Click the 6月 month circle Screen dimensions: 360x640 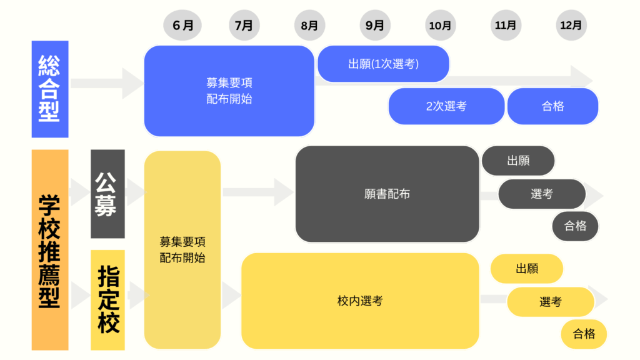click(183, 26)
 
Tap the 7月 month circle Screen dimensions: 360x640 click(244, 26)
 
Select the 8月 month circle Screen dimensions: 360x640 click(309, 26)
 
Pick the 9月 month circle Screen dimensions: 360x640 click(375, 26)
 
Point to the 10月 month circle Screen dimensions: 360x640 click(440, 26)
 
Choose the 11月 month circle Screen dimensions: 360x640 click(506, 26)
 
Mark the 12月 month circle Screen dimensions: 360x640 click(571, 26)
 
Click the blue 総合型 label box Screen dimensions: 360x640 click(49, 89)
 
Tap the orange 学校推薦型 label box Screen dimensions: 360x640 click(49, 250)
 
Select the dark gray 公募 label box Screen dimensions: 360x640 click(107, 194)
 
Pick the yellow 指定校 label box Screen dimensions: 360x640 click(107, 300)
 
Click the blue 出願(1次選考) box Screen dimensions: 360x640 click(383, 64)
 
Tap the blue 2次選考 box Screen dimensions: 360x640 click(446, 106)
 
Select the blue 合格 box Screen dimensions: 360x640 click(552, 106)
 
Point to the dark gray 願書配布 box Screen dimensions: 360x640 click(387, 194)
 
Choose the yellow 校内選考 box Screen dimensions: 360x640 click(360, 301)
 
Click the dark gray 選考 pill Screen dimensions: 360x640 click(542, 194)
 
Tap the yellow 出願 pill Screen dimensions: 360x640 click(527, 269)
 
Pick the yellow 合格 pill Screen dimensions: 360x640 click(584, 334)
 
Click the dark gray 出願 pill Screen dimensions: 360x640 click(518, 161)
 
